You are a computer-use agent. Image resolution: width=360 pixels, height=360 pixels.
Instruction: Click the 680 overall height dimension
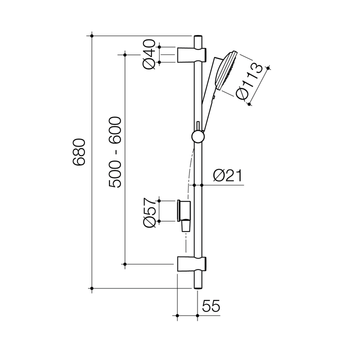click(80, 152)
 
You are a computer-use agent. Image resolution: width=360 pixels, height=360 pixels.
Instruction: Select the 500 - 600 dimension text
click(115, 152)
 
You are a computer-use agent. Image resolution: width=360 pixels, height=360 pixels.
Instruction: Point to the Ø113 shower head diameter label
click(249, 81)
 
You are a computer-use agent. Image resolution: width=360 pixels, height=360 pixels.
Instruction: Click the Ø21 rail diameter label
click(227, 175)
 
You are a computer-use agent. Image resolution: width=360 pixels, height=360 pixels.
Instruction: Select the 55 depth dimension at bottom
click(211, 305)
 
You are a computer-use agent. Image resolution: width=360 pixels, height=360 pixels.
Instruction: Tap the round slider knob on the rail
click(197, 137)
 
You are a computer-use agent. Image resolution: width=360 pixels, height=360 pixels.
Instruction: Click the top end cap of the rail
click(198, 39)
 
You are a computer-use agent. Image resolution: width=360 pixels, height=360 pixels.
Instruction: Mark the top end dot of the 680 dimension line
click(91, 36)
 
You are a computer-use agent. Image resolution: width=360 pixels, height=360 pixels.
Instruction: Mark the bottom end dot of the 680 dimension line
click(91, 288)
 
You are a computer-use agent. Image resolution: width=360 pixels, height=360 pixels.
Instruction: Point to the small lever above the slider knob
click(197, 125)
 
